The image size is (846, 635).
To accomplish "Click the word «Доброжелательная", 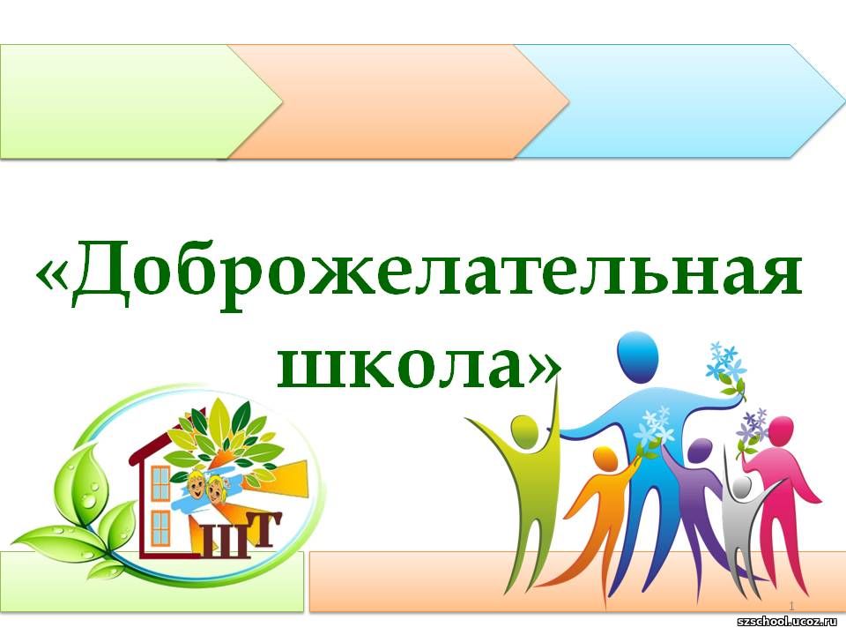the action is click(x=419, y=273).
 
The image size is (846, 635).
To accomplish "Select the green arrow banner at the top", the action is click(x=140, y=101).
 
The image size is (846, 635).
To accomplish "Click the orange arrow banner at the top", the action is click(x=399, y=101).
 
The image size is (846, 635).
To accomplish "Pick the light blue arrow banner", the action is click(x=679, y=101).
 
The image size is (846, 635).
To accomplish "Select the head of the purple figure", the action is click(x=700, y=451).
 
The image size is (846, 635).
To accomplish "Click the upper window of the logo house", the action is click(x=160, y=482).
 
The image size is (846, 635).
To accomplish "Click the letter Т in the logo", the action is click(x=263, y=531).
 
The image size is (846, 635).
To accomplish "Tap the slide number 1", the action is click(x=792, y=604).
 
